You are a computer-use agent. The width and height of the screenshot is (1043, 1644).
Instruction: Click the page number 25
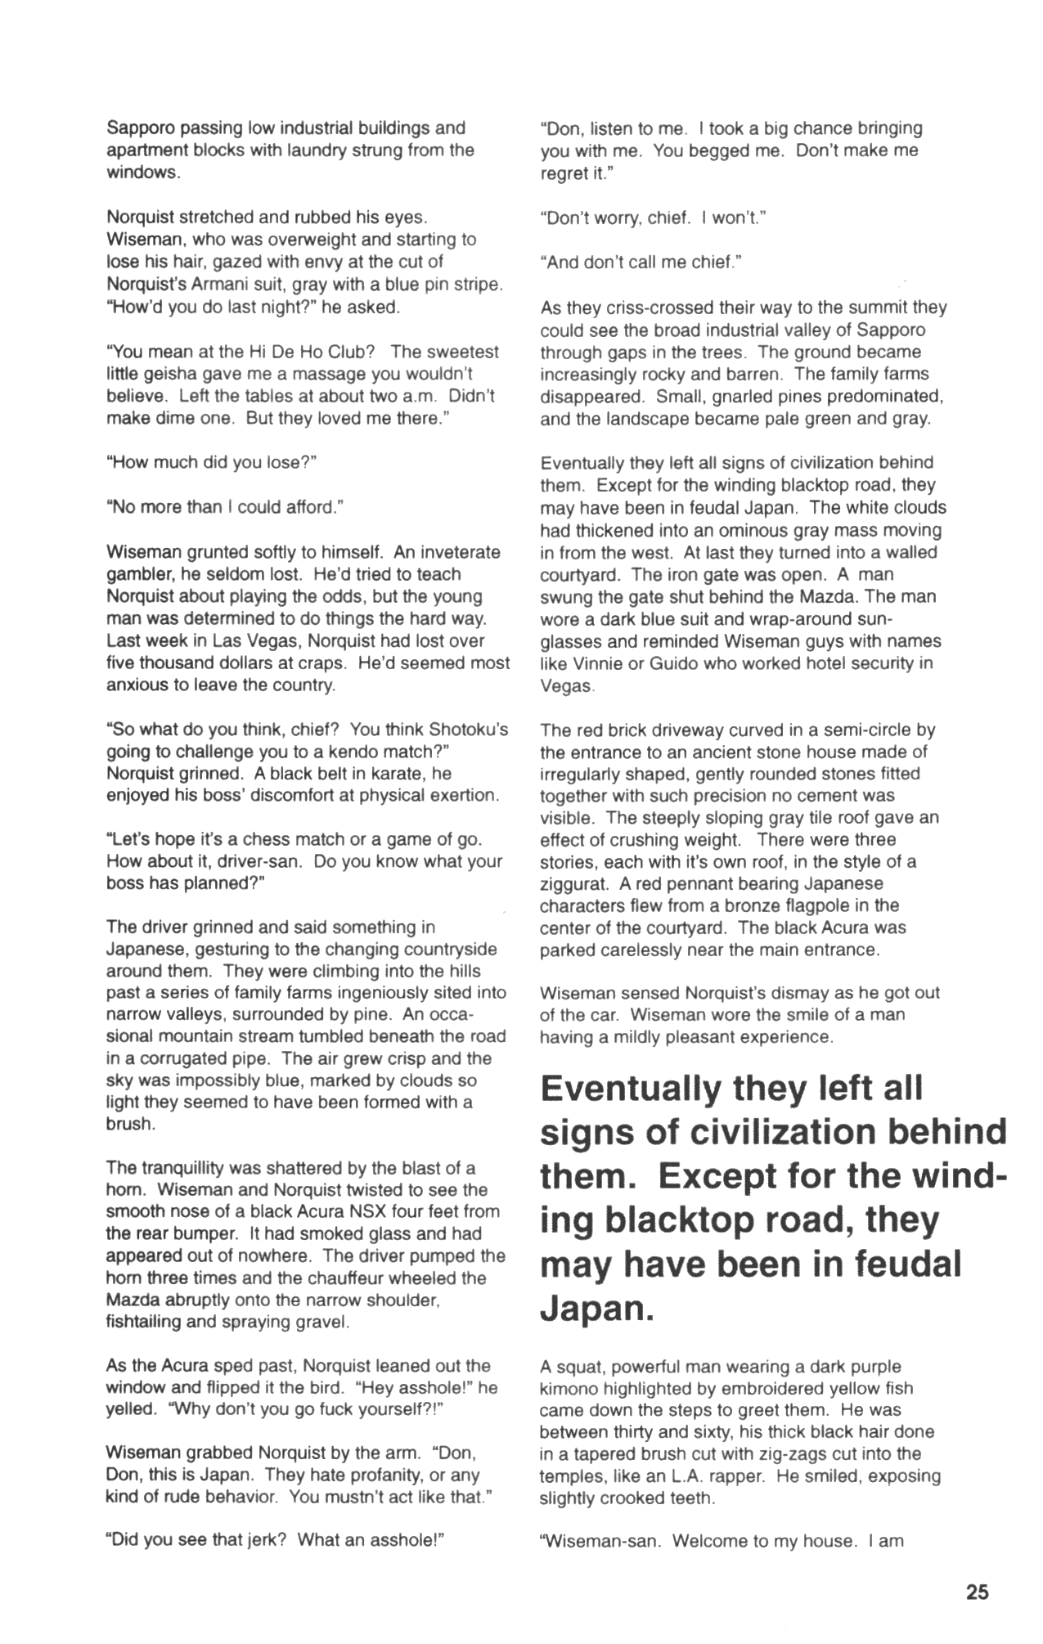977,1592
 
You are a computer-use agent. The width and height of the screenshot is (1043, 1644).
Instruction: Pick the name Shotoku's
469,729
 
